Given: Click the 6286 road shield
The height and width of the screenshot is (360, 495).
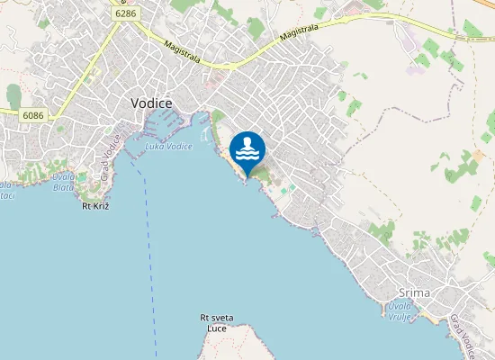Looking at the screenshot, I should (126, 14).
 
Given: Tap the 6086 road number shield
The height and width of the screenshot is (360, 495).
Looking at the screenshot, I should (33, 115).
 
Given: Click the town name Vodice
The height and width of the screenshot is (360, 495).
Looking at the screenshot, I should (151, 103).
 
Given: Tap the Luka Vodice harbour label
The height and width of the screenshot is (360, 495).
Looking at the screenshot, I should (169, 146).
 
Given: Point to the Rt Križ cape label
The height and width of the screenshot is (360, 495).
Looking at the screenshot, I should (96, 206).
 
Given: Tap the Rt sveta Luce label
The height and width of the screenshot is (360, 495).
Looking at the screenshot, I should (216, 323).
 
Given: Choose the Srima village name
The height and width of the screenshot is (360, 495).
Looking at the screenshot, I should (415, 293).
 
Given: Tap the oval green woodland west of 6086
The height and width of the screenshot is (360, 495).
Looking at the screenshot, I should (13, 96).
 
